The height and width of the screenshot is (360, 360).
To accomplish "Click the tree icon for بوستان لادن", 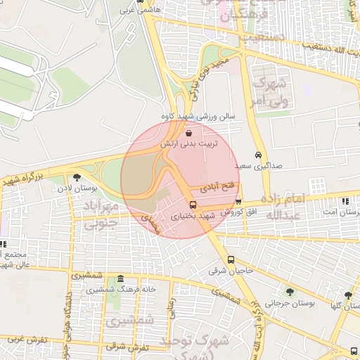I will [77, 177].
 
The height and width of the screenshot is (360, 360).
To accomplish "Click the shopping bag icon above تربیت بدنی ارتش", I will [188, 133].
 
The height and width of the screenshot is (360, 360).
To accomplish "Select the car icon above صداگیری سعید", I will [259, 155].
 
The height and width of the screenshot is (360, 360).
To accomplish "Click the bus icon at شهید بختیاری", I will [193, 205].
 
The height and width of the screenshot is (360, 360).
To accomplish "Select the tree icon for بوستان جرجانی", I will [289, 292].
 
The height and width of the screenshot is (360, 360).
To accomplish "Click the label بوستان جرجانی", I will [288, 303].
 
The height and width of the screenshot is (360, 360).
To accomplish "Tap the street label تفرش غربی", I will [29, 340].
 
